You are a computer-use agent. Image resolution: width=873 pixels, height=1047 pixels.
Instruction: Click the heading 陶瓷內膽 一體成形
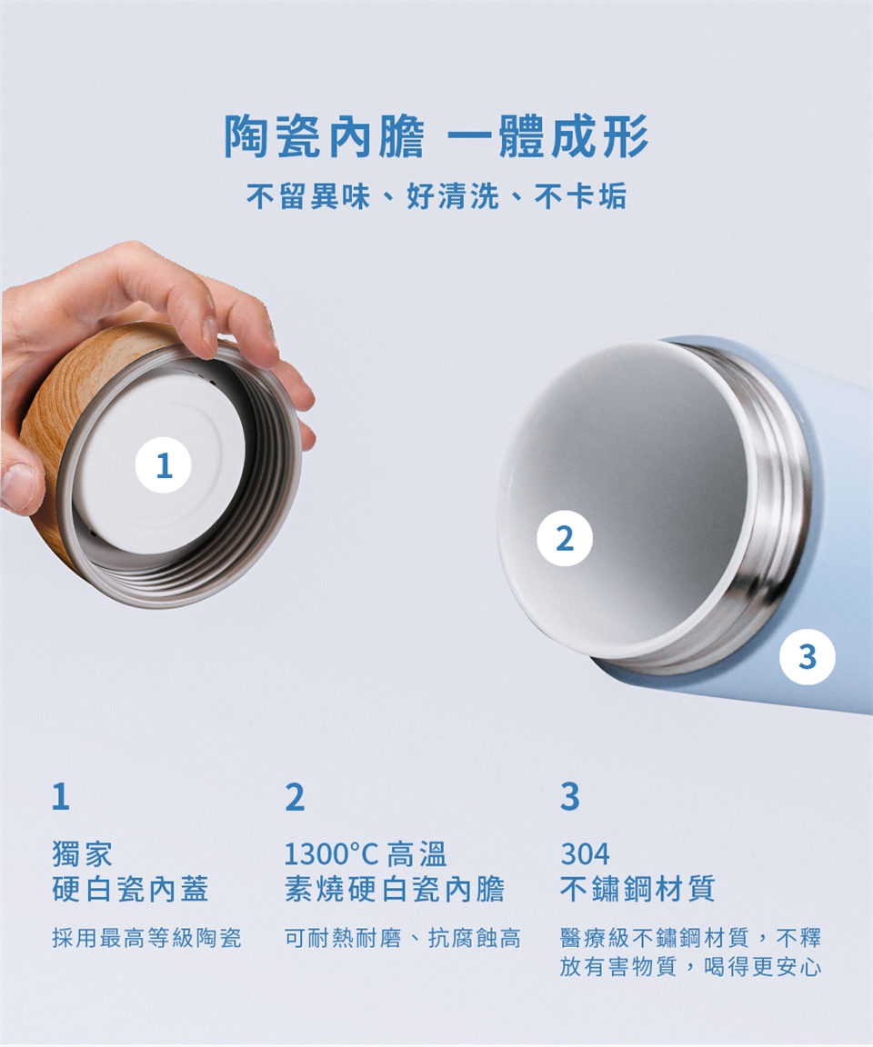click(436, 136)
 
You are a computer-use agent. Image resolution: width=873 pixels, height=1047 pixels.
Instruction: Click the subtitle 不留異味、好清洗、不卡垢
click(436, 196)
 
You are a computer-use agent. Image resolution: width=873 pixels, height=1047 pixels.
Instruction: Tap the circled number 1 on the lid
click(163, 465)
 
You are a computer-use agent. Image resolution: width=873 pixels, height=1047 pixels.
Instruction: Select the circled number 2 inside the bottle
click(565, 538)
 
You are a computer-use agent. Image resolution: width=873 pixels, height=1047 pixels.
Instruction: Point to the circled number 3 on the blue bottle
click(808, 657)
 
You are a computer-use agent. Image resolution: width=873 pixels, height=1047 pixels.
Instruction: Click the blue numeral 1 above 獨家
click(61, 796)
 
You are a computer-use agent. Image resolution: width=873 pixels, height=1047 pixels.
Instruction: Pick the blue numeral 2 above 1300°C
click(295, 796)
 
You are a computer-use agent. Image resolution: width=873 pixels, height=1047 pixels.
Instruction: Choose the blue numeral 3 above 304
click(570, 796)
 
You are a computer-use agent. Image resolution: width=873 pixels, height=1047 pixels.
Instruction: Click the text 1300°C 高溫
click(366, 854)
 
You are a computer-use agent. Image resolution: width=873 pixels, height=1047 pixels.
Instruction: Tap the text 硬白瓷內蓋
click(131, 889)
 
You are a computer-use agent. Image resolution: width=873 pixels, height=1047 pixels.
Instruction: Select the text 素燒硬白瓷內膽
click(395, 889)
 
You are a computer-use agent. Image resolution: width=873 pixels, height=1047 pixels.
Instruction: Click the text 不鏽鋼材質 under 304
click(637, 889)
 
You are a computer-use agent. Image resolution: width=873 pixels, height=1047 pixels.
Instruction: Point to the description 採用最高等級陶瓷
click(147, 938)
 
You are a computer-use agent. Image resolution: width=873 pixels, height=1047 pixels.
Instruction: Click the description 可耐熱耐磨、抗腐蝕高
click(403, 938)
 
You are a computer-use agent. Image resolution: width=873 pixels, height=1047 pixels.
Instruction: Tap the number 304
click(585, 854)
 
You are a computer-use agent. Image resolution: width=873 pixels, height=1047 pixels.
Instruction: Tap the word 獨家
click(83, 854)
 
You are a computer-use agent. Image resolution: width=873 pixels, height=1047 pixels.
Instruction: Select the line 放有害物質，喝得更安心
click(690, 966)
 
